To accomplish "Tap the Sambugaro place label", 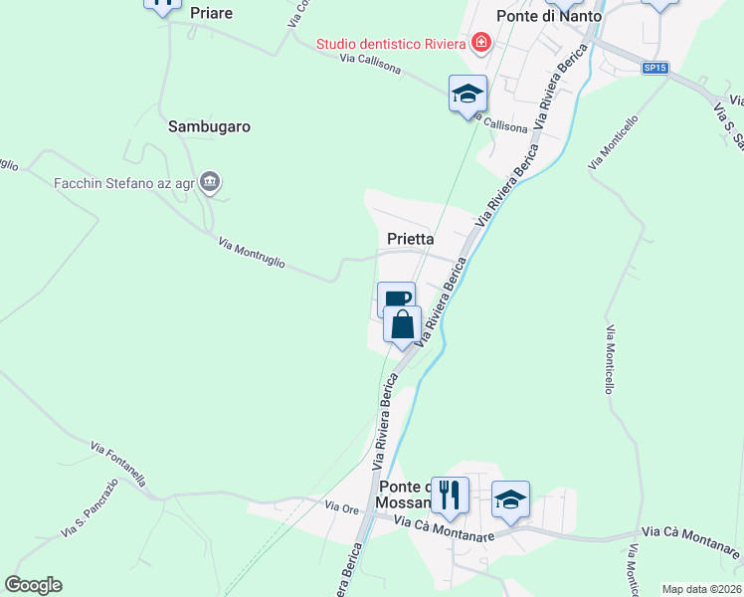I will (209, 126).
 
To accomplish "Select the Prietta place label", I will (410, 239).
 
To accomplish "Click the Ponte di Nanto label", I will (549, 16).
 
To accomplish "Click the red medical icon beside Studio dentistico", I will (481, 42).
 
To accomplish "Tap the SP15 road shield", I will (653, 68).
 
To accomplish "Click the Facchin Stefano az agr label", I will (123, 182).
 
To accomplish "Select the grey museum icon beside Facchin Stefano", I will (210, 181).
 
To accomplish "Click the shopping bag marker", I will (402, 324).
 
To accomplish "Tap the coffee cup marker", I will (395, 298).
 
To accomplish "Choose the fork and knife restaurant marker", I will (450, 495).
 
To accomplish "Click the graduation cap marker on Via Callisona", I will (467, 94).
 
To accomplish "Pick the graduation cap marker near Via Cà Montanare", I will (510, 498).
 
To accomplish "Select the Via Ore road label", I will (343, 508).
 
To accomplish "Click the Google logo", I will (33, 585).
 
